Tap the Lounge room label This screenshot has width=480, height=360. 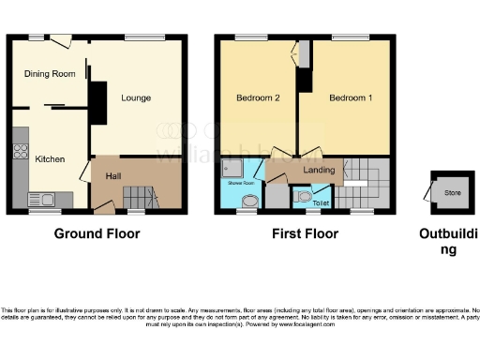(x=135, y=97)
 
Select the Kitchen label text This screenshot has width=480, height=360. (x=50, y=159)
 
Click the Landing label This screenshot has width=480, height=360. (x=321, y=171)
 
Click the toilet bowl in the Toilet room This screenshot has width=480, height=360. (x=302, y=197)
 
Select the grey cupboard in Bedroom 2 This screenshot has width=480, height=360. (x=304, y=54)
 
